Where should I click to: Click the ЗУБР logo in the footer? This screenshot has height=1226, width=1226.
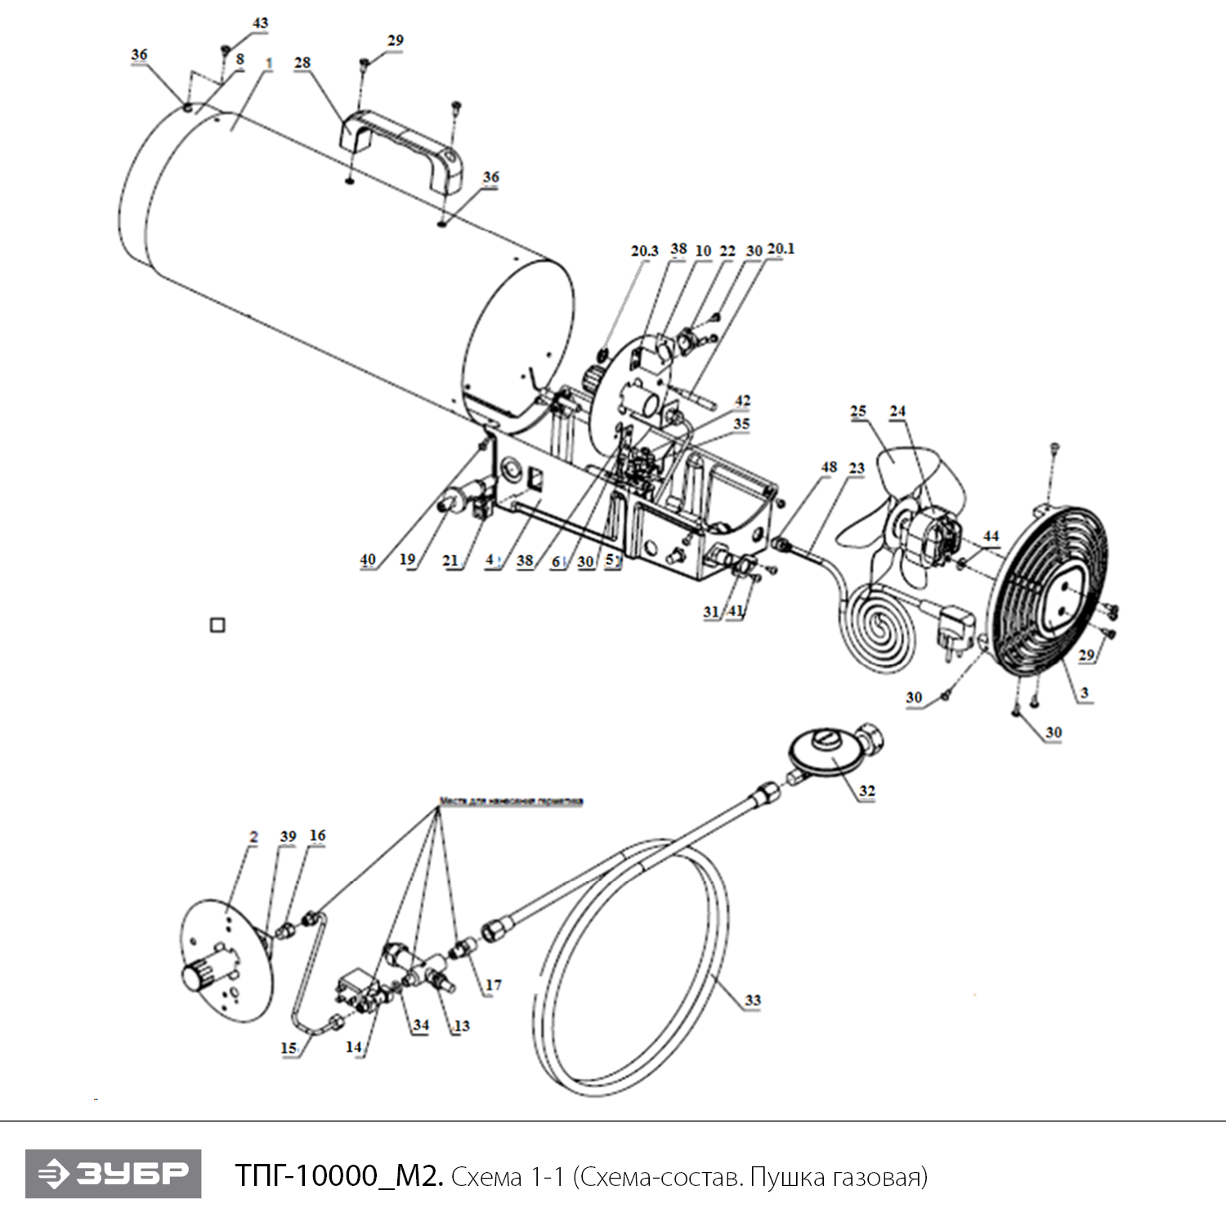[x=113, y=1175]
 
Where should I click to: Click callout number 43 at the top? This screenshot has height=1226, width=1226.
[x=260, y=24]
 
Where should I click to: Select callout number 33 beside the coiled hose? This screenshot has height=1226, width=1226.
[x=752, y=1000]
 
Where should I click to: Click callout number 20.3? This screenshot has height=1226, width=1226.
[x=644, y=251]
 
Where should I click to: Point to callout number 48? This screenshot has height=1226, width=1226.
[x=829, y=467]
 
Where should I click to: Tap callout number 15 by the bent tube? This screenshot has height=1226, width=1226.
[x=289, y=1048]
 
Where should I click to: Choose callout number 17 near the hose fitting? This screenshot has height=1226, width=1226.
[x=493, y=985]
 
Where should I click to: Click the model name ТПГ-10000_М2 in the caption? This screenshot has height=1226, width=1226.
[x=339, y=1176]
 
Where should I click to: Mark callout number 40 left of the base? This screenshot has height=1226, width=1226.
[x=368, y=560]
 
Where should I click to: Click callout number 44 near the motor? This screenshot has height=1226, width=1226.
[x=991, y=536]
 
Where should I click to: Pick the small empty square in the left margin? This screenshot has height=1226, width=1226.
[x=217, y=625]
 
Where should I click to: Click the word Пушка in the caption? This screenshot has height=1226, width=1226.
[x=789, y=1176]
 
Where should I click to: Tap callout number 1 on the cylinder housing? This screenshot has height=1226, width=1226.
[x=269, y=63]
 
